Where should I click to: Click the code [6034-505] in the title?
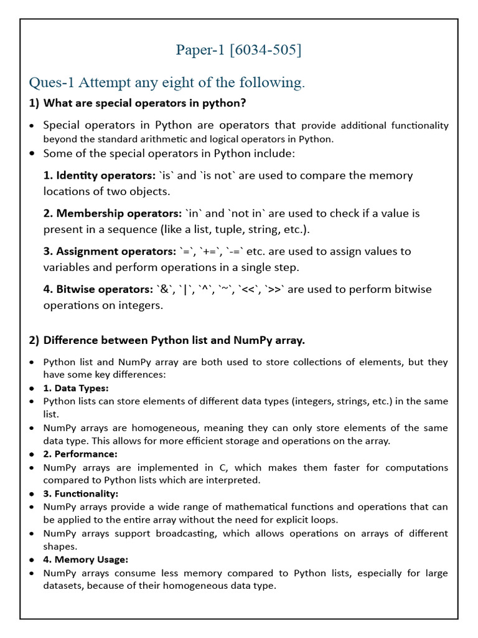tap(266, 49)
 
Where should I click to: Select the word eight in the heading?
tap(184, 82)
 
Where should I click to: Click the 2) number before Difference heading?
tap(34, 340)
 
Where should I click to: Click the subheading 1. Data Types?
tap(75, 388)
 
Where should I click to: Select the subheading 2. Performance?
tap(80, 454)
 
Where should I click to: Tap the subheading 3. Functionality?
tap(80, 493)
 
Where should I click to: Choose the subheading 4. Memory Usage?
tap(85, 559)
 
